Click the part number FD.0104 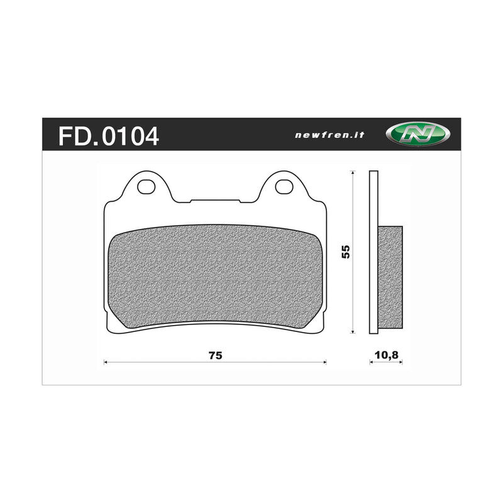pos(108,135)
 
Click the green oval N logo pos(418,133)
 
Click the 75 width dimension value pos(215,355)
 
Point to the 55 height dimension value pos(345,251)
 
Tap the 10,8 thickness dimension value pos(386,355)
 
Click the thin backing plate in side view pos(373,189)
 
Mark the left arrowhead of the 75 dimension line pos(106,362)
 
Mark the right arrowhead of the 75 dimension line pos(324,362)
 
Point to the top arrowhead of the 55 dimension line pos(353,173)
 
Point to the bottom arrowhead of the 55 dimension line pos(353,331)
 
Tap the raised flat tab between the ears pos(215,201)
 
